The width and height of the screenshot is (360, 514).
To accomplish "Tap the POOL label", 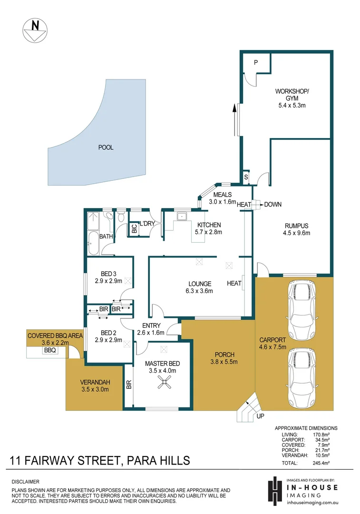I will click(x=106, y=148).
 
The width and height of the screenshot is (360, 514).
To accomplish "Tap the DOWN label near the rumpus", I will click(x=272, y=205).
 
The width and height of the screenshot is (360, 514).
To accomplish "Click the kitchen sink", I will click(x=181, y=217).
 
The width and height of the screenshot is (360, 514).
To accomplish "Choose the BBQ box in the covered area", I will click(x=50, y=350).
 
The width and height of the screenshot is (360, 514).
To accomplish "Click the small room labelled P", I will click(x=255, y=62).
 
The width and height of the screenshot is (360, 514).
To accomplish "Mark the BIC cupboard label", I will click(x=134, y=228).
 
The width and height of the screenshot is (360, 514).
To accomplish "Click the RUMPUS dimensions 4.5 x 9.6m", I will click(x=297, y=233).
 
